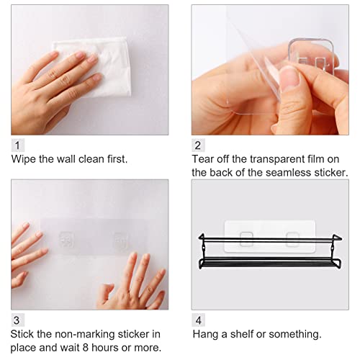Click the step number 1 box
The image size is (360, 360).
tap(17, 145)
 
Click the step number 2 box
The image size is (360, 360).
tap(198, 145)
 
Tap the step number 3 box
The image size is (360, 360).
tap(17, 320)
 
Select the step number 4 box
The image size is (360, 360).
tap(198, 320)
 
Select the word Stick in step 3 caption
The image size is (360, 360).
tap(24, 334)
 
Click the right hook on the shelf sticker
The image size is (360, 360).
tap(292, 238)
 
